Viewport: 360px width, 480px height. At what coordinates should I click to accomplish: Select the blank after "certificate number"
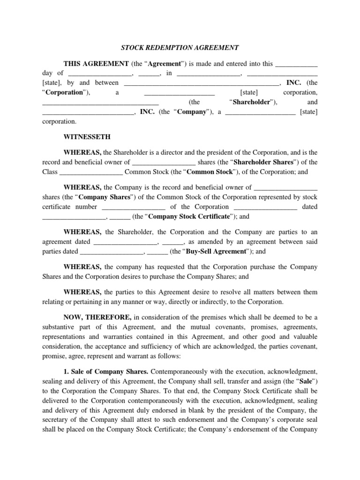tap(133, 207)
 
